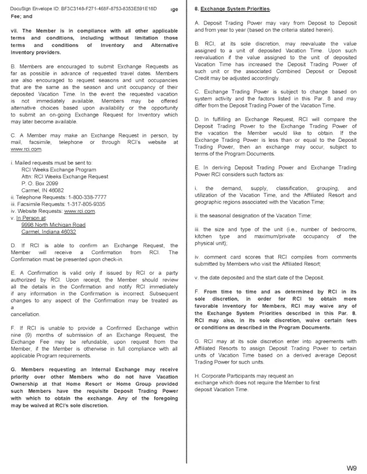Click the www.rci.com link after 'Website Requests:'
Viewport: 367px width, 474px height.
click(x=79, y=211)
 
